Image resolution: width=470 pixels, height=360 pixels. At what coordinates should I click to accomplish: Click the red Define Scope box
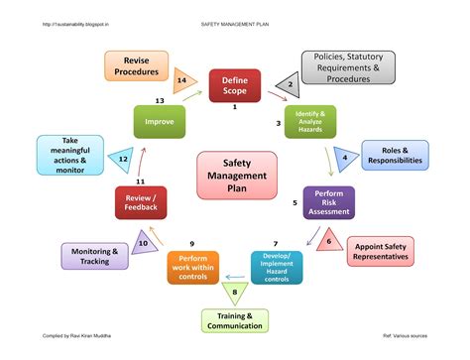[234, 86]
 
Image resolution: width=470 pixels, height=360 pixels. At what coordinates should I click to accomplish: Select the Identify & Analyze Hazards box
[310, 122]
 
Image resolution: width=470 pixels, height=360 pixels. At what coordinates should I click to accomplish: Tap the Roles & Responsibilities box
[395, 156]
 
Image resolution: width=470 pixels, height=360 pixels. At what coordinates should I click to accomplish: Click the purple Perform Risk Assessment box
[328, 202]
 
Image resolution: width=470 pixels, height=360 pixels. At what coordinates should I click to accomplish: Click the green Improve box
[159, 122]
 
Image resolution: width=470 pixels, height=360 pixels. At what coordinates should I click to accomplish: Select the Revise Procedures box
[136, 66]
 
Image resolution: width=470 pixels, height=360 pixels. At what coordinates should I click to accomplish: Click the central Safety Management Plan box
[234, 175]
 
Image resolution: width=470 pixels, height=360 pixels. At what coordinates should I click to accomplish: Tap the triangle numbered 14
[183, 80]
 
